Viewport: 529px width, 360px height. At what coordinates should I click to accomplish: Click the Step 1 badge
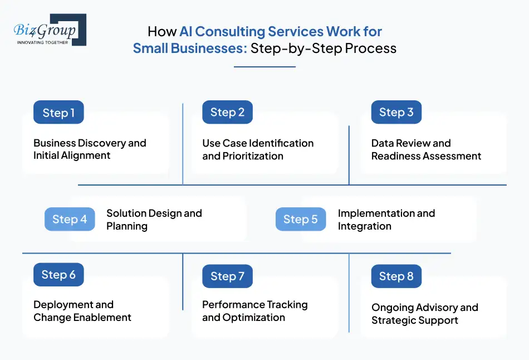click(58, 113)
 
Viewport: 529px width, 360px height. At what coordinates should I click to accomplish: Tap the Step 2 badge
click(227, 112)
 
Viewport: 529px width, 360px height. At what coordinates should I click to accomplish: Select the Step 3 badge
click(396, 112)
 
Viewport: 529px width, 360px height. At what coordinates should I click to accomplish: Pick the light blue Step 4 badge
click(70, 220)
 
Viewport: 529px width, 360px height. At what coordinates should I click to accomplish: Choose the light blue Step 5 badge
click(301, 220)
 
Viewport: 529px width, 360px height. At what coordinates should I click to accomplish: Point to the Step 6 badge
click(58, 275)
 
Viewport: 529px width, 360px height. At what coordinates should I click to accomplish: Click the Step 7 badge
click(227, 276)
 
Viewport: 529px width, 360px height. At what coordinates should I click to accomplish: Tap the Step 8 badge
click(396, 276)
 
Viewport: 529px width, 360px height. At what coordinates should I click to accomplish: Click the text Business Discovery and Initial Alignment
click(90, 149)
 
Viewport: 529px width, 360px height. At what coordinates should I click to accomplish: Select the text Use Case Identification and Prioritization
click(258, 149)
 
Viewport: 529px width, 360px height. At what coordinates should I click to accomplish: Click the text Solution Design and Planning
click(154, 220)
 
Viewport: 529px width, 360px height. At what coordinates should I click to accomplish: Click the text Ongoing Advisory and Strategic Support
click(424, 314)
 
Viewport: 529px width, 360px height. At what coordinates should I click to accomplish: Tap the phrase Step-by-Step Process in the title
click(324, 48)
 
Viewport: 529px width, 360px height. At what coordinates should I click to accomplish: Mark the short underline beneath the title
click(264, 67)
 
